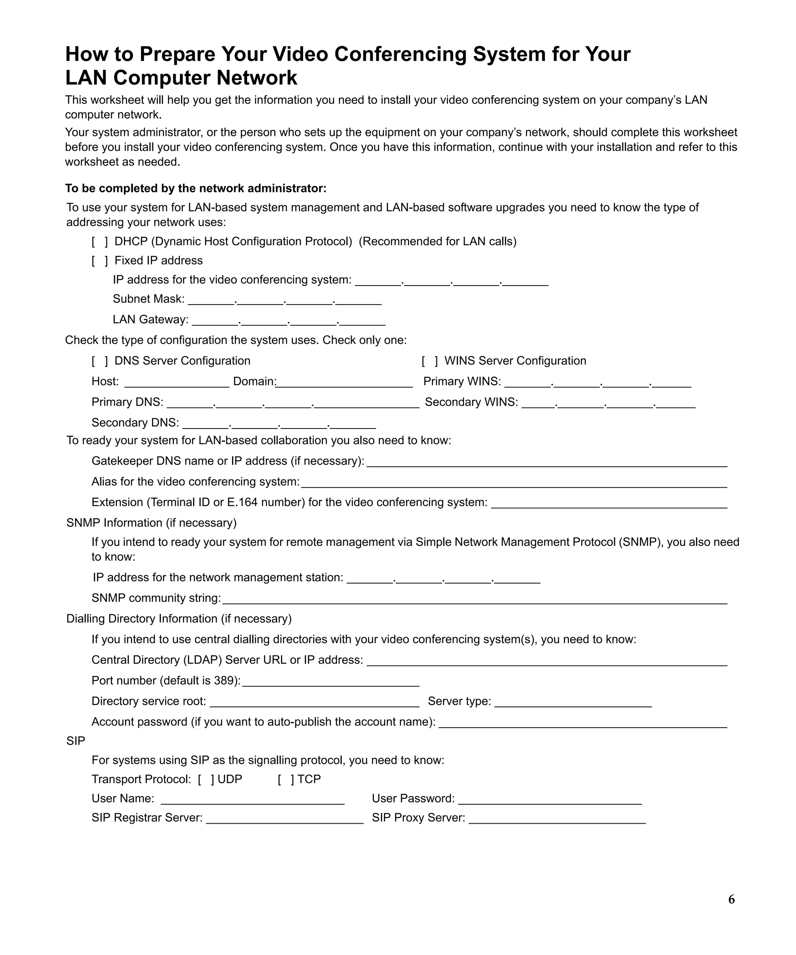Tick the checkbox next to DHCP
tap(99, 242)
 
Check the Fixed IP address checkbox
tap(99, 261)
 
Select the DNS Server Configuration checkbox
tap(99, 361)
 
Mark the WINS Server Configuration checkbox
tap(429, 361)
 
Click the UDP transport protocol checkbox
tap(206, 779)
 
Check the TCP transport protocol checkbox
tap(286, 779)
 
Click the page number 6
tap(731, 899)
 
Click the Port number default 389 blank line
tap(330, 682)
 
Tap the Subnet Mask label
tap(148, 299)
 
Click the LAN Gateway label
tap(150, 319)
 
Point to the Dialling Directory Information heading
tap(179, 619)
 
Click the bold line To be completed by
tap(196, 188)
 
